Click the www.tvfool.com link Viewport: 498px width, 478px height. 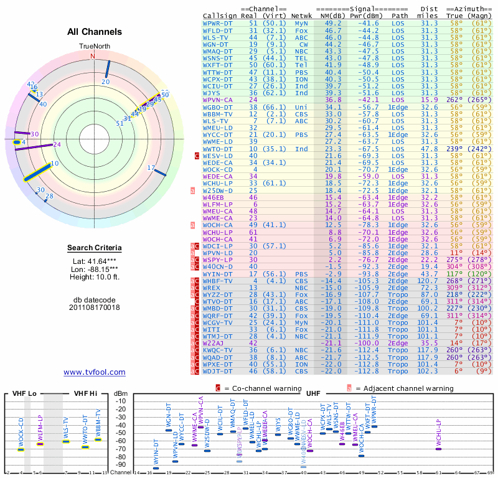pos(95,372)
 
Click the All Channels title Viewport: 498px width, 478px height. pos(94,31)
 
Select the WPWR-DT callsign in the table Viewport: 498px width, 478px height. pos(218,22)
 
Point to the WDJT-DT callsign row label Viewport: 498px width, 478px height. pos(218,372)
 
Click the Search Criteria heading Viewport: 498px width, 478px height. pos(94,248)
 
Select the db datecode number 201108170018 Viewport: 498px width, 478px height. pos(94,307)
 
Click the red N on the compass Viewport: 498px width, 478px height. pos(93,56)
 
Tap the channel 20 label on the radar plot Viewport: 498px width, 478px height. pos(105,82)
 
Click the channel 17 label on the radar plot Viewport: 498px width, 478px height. pos(151,168)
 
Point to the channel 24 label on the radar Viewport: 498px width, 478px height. pos(57,144)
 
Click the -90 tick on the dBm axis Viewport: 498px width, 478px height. pos(121,464)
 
